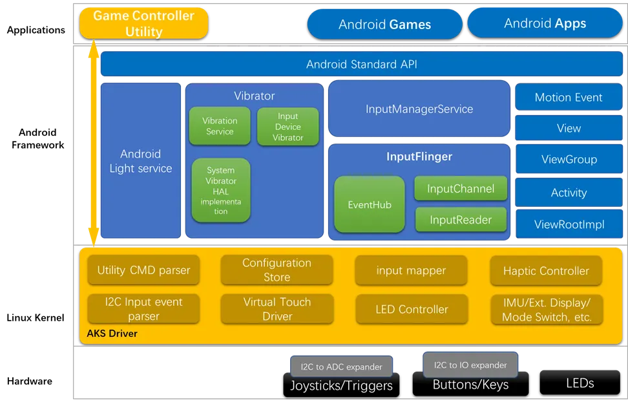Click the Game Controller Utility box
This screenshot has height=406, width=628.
tap(144, 23)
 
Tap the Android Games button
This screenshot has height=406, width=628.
tap(384, 25)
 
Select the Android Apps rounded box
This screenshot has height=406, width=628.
tap(545, 23)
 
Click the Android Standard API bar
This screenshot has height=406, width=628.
tap(361, 64)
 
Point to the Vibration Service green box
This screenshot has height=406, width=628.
tap(220, 126)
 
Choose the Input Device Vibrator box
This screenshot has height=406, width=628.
tap(288, 127)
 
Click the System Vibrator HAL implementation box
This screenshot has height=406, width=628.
tap(221, 191)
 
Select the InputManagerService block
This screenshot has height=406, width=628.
tap(419, 109)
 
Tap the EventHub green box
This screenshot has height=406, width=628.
tap(370, 205)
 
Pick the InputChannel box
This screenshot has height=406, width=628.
tap(461, 189)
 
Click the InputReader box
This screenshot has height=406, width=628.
tap(461, 220)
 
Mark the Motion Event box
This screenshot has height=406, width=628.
tap(569, 98)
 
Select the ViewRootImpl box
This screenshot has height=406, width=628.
tap(569, 225)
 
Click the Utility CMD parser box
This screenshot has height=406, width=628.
tap(143, 270)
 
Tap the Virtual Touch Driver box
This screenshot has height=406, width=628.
tap(277, 309)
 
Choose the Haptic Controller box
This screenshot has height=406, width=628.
tap(546, 271)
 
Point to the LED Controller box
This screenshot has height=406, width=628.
tap(412, 309)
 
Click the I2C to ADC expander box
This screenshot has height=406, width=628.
tap(341, 367)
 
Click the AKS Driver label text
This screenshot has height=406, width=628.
tap(112, 334)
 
